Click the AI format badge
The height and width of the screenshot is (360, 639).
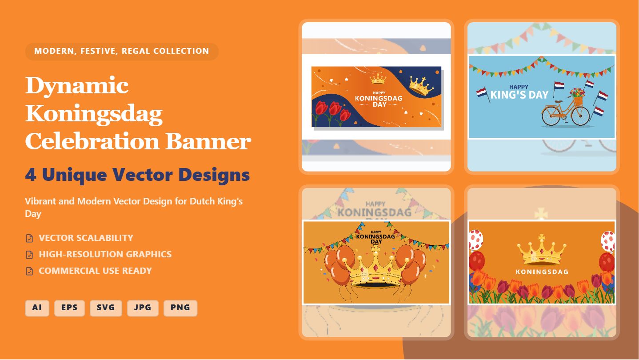[37, 308]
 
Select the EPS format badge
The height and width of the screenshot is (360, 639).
[69, 308]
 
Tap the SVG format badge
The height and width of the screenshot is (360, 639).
[106, 308]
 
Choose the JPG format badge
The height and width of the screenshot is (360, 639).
[143, 308]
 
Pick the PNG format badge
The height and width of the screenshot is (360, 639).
[180, 308]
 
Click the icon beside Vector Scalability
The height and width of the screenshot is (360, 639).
[29, 238]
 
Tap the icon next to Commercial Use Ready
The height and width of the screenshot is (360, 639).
[29, 271]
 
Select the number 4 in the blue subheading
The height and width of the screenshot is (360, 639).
[31, 175]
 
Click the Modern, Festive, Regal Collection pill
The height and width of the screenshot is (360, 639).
[121, 51]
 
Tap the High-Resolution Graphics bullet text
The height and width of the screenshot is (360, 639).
[105, 255]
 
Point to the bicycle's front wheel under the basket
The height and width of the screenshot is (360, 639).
[580, 116]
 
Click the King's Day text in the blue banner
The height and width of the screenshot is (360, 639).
[519, 94]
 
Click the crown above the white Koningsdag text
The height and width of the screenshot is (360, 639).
[541, 251]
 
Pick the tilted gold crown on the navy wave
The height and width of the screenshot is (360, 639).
[421, 86]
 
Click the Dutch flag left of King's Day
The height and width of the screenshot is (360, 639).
[482, 93]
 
